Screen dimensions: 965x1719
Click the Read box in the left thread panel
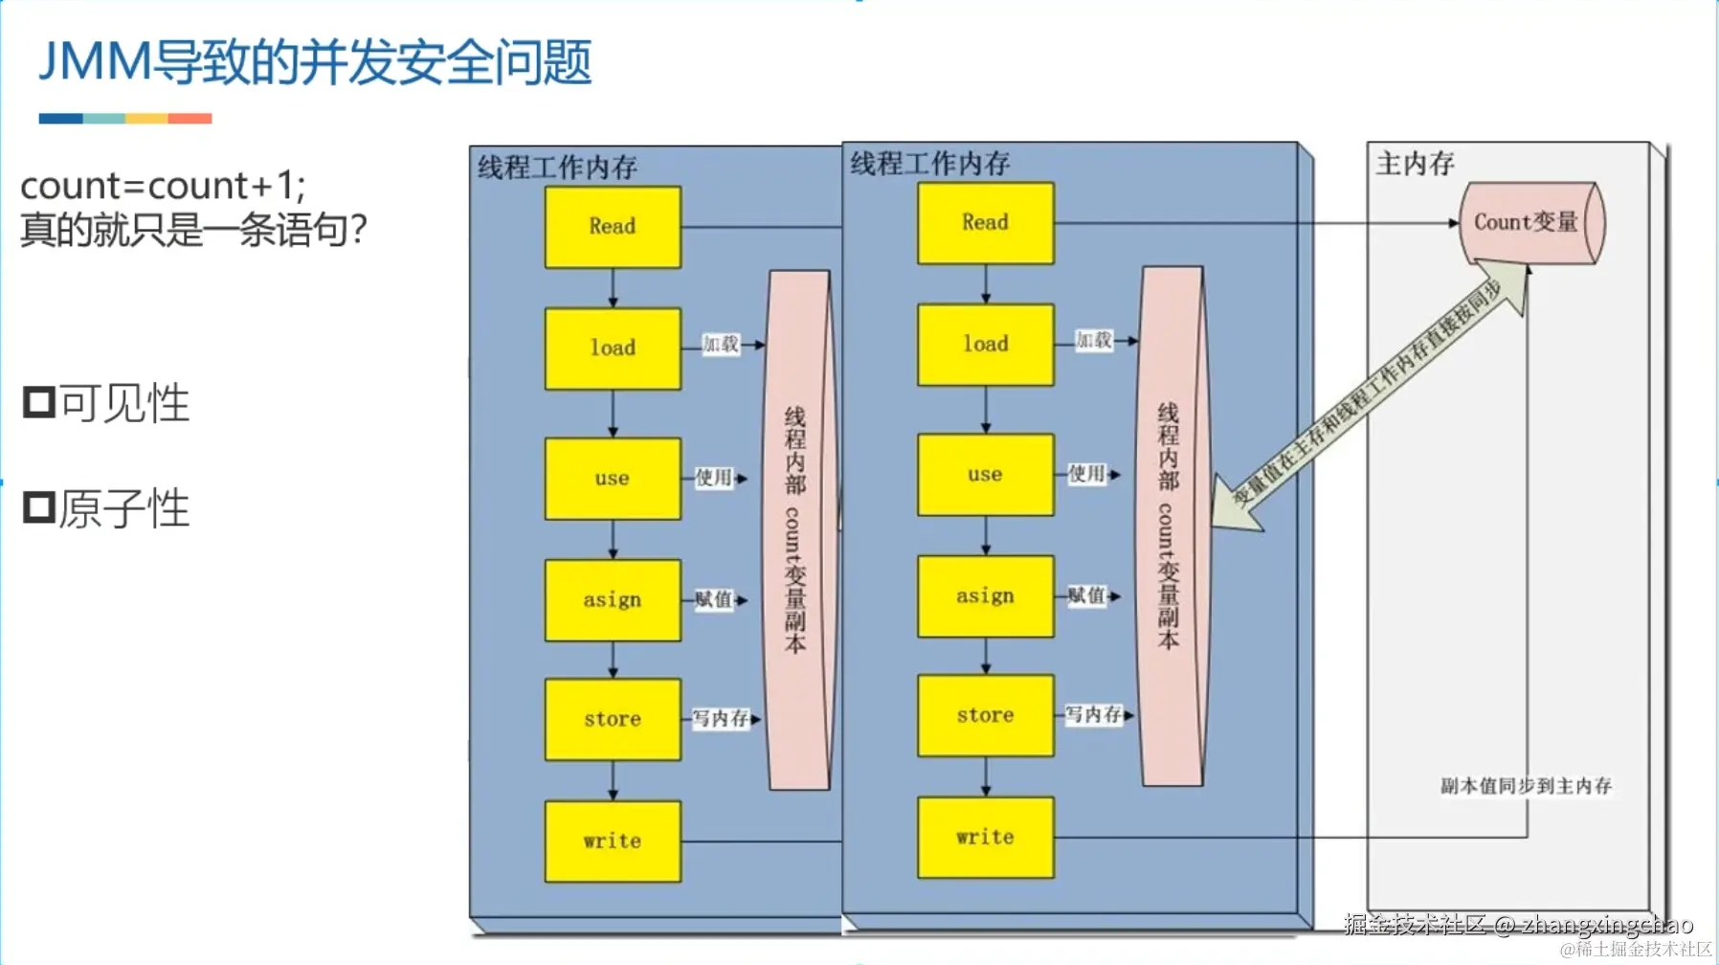pyautogui.click(x=613, y=227)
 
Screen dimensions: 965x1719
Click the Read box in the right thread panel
pyautogui.click(x=985, y=223)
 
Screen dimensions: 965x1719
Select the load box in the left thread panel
pyautogui.click(x=613, y=348)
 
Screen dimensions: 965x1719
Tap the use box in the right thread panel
pyautogui.click(x=985, y=475)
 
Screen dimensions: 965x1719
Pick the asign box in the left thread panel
pyautogui.click(x=613, y=600)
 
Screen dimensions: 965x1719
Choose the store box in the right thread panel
pyautogui.click(x=985, y=715)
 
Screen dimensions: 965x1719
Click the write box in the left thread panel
pyautogui.click(x=613, y=842)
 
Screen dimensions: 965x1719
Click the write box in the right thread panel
pyautogui.click(x=985, y=838)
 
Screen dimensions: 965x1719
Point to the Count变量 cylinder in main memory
pyautogui.click(x=1526, y=223)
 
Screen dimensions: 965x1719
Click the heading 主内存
pyautogui.click(x=1415, y=164)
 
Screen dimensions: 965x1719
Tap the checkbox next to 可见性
pyautogui.click(x=39, y=402)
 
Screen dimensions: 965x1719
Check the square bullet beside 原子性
pyautogui.click(x=39, y=507)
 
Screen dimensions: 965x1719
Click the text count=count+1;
pyautogui.click(x=163, y=186)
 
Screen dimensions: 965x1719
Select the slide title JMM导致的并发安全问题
pyautogui.click(x=315, y=62)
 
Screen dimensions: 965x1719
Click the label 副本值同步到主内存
pyautogui.click(x=1526, y=786)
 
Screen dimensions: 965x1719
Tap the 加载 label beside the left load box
pyautogui.click(x=720, y=345)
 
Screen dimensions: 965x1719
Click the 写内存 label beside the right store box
pyautogui.click(x=1093, y=714)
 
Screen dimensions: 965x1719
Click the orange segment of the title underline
pyautogui.click(x=190, y=119)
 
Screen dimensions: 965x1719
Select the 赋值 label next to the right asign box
pyautogui.click(x=1086, y=595)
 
